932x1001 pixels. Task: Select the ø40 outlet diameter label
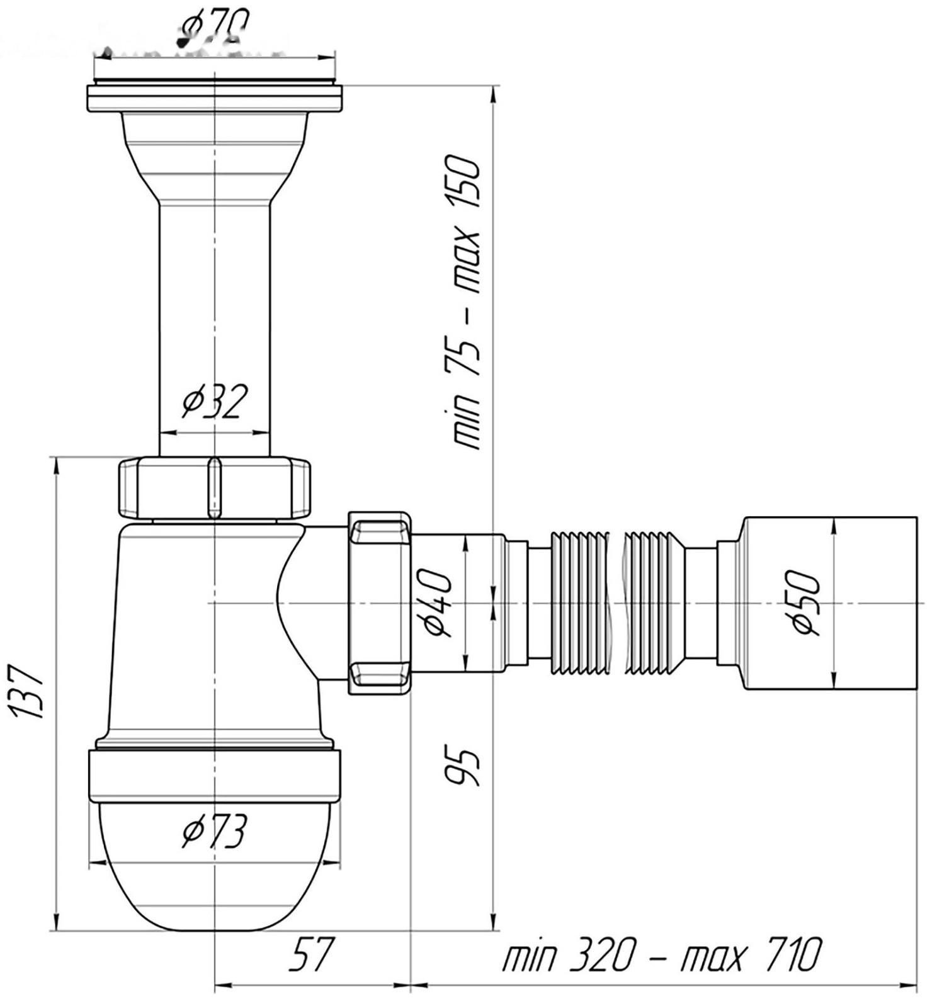(439, 603)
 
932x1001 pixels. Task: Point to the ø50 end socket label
(807, 602)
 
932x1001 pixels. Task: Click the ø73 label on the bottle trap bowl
(214, 833)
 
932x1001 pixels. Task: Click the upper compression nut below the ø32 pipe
(214, 488)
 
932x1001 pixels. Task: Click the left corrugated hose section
(579, 603)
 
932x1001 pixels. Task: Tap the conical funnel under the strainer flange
(214, 157)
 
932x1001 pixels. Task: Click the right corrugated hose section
(652, 603)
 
